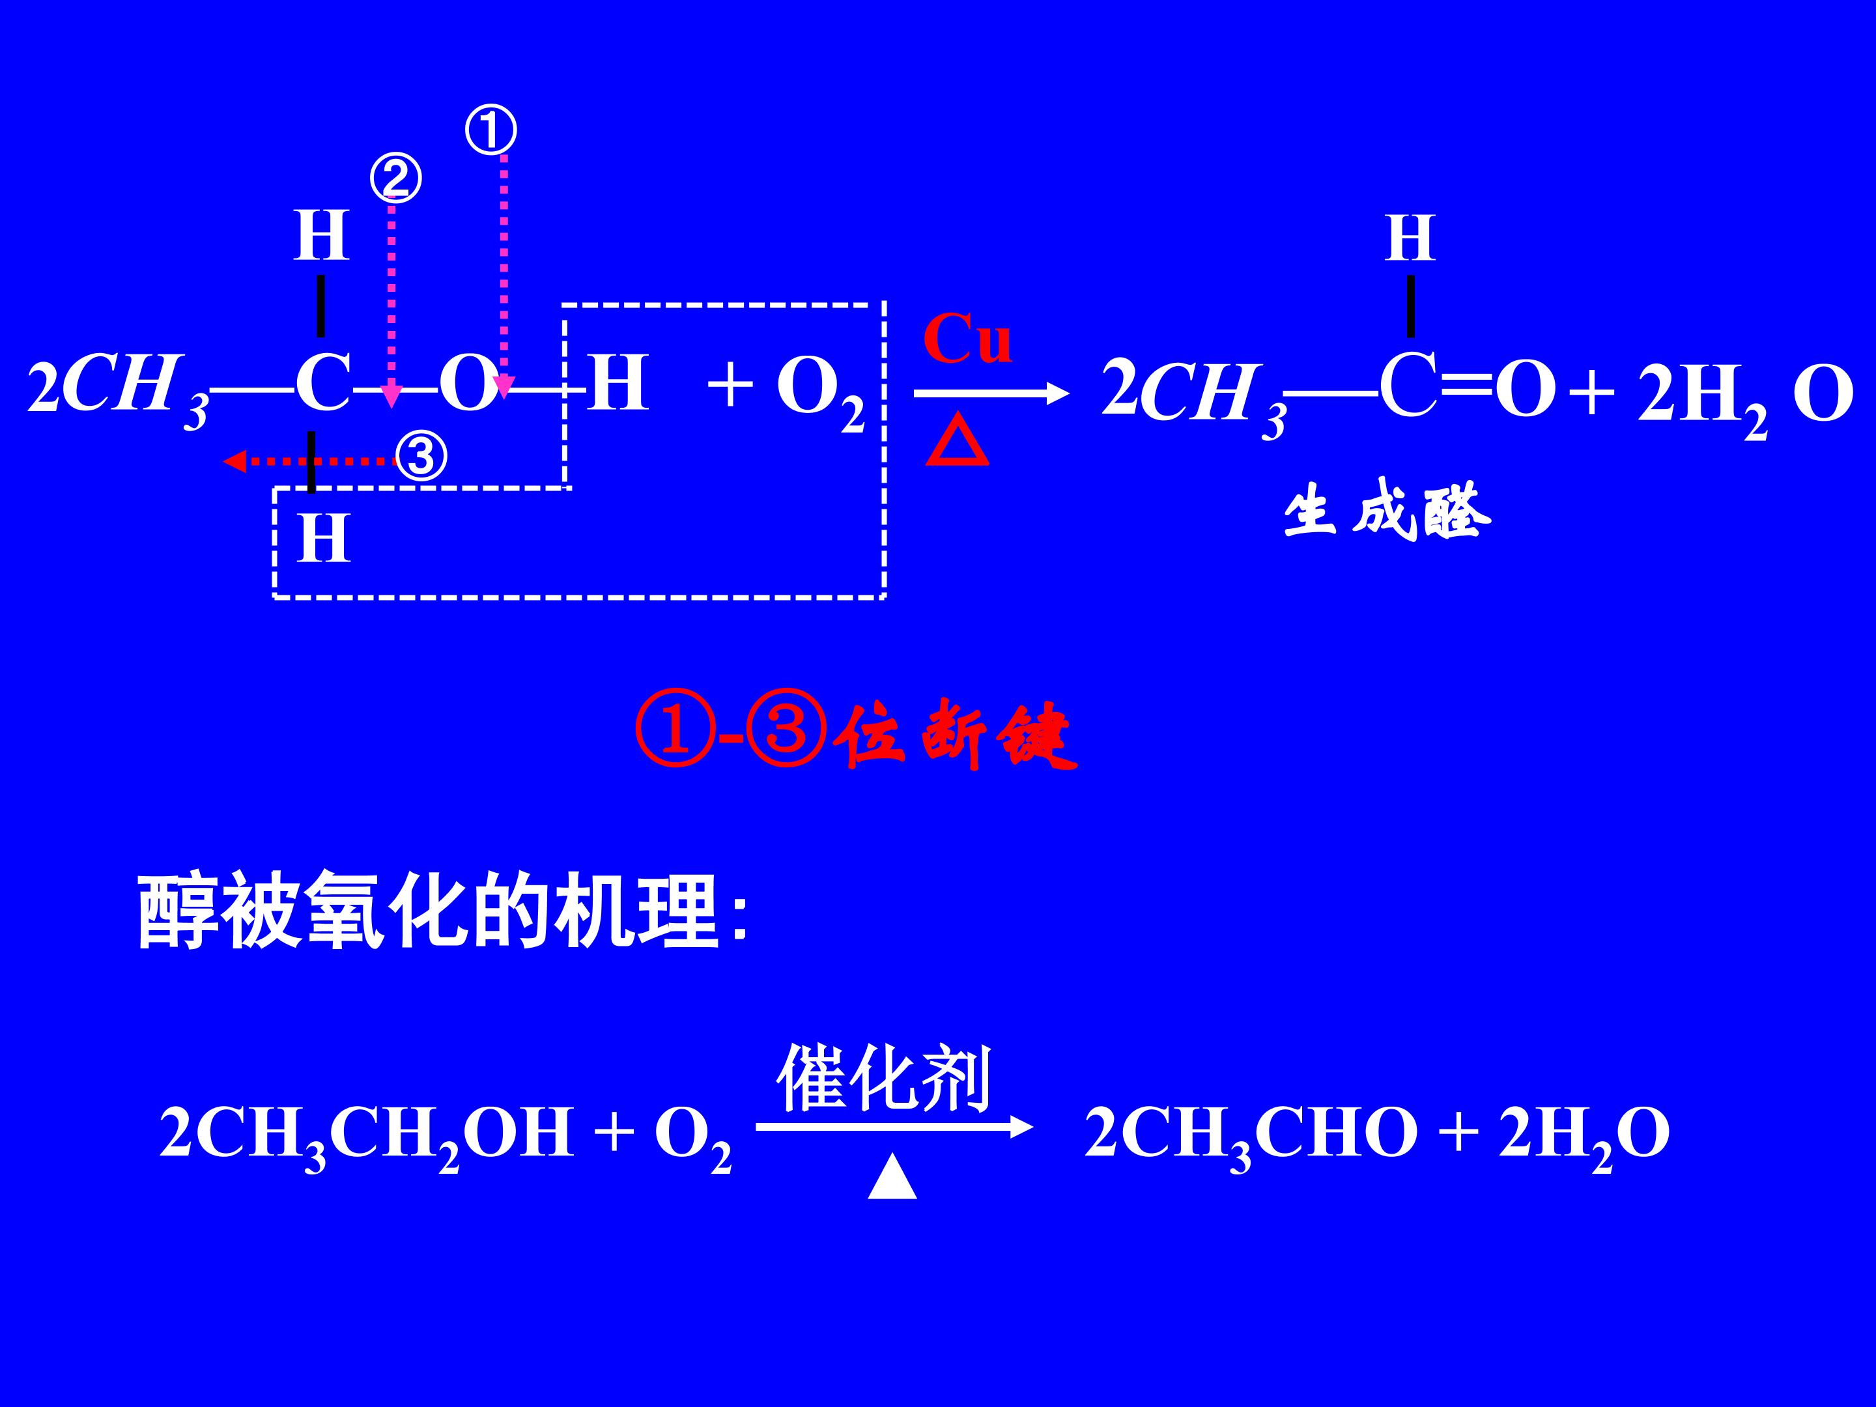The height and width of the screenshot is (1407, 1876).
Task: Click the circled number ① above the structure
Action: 491,132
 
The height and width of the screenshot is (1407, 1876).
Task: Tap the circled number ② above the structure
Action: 396,179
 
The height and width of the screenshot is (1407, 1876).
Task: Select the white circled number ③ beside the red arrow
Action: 421,457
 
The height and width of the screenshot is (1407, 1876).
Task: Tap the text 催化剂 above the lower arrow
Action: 884,1078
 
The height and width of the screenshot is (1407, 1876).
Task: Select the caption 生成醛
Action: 1387,511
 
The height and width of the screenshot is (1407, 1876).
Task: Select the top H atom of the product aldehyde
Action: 1410,238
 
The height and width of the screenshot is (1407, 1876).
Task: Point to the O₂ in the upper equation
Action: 820,392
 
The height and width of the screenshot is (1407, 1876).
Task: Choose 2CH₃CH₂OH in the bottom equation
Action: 366,1134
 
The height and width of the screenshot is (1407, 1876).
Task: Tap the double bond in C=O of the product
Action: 1466,387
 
